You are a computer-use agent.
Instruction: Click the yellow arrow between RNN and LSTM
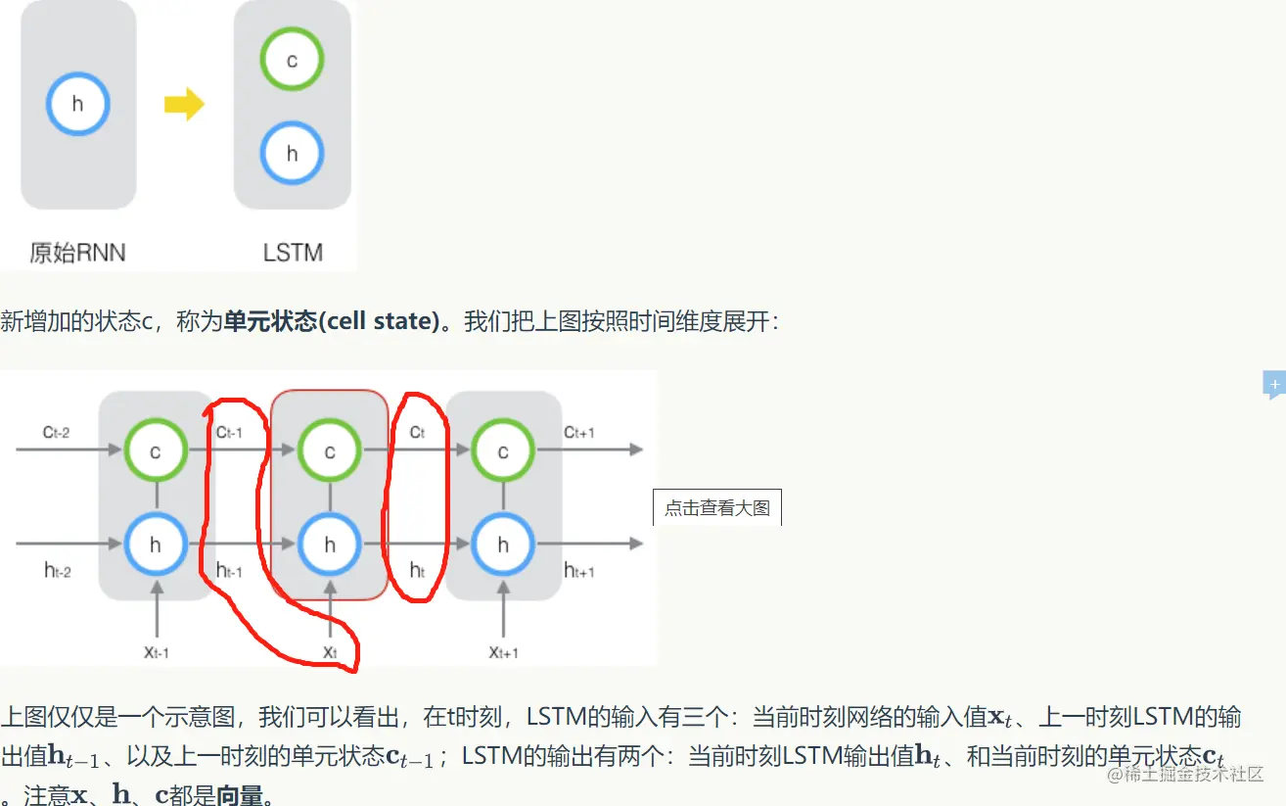[x=184, y=105]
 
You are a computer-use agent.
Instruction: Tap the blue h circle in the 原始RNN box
[x=78, y=105]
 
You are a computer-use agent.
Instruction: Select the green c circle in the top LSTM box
[x=292, y=60]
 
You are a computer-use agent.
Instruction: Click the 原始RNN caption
[x=77, y=253]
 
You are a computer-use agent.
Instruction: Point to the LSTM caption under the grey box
[x=293, y=253]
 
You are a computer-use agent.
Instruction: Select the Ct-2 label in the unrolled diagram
[x=57, y=432]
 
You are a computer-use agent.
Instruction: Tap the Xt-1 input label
[x=156, y=652]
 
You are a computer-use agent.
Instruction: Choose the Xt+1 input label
[x=503, y=652]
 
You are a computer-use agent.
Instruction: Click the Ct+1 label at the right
[x=579, y=432]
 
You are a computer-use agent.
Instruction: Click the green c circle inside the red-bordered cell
[x=330, y=450]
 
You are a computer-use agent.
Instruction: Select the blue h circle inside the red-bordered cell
[x=330, y=545]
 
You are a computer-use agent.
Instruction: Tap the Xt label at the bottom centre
[x=330, y=652]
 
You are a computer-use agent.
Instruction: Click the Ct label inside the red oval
[x=417, y=432]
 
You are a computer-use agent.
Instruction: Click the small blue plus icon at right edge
[x=1274, y=385]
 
